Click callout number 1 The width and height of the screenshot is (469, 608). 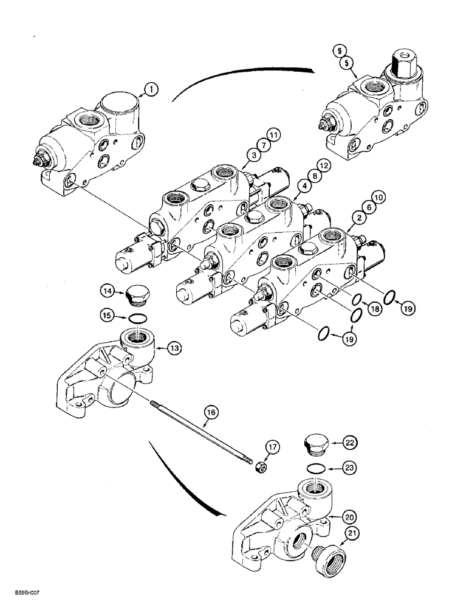[151, 90]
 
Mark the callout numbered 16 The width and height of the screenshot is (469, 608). [211, 413]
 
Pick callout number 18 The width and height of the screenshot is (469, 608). [375, 309]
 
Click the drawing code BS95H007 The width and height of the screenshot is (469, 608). [24, 599]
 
